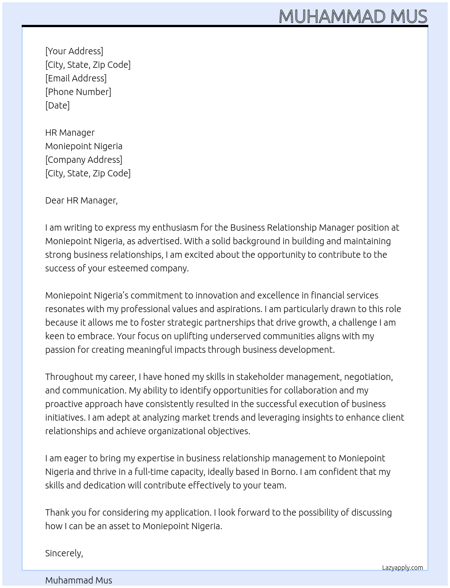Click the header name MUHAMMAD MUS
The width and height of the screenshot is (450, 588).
click(x=352, y=16)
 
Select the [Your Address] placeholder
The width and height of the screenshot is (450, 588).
click(x=74, y=51)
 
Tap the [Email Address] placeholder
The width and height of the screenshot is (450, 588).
click(x=76, y=78)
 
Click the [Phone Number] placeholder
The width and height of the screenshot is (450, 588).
click(x=78, y=92)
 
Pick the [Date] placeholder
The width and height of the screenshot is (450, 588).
click(x=57, y=105)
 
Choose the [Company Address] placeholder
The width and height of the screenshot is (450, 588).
click(x=84, y=160)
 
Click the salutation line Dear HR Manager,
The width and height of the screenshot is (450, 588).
click(x=81, y=200)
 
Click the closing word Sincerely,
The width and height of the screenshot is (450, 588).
click(x=64, y=553)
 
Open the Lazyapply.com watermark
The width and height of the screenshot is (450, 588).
click(x=403, y=568)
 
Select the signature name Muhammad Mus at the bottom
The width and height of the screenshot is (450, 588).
click(x=79, y=580)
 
